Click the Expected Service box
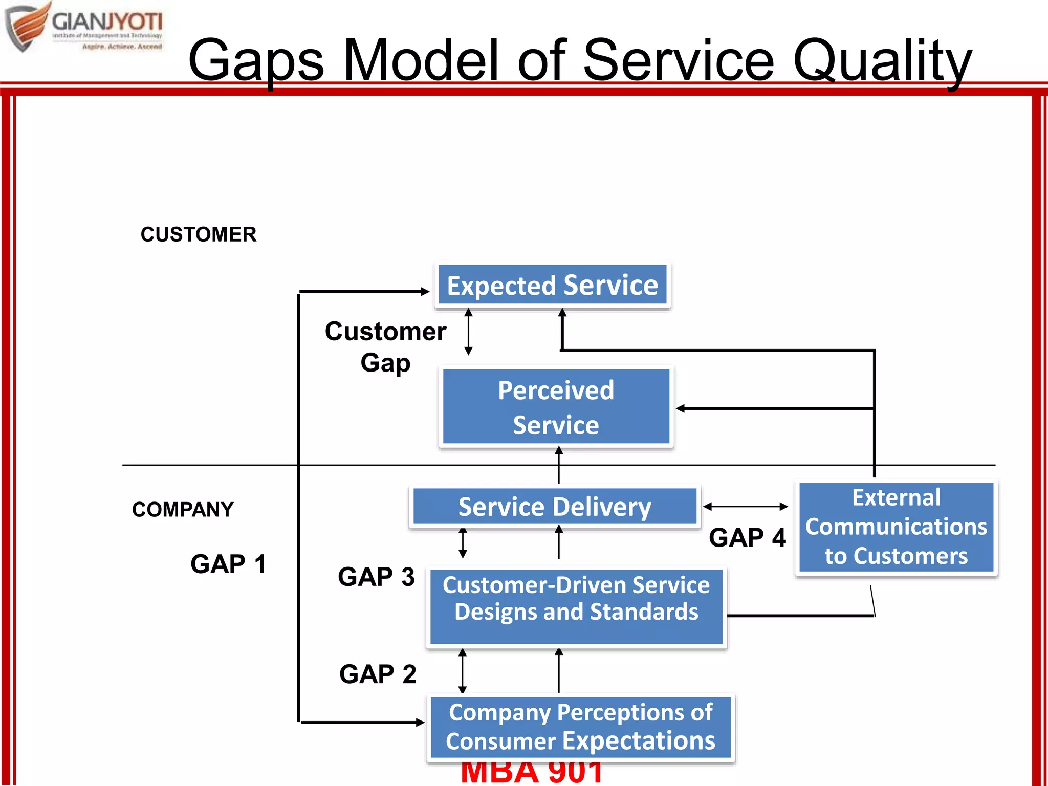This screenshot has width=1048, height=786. (x=553, y=285)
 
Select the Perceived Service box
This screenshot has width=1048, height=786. (x=556, y=407)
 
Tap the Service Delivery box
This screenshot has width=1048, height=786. (x=555, y=507)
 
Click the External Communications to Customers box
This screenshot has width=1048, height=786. (x=896, y=527)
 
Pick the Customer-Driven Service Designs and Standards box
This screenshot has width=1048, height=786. (x=576, y=607)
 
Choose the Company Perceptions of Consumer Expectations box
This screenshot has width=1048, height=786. (x=580, y=727)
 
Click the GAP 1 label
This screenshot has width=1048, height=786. (x=228, y=564)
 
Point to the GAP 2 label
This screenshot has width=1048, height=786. (x=378, y=674)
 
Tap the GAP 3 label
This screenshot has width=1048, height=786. (x=376, y=577)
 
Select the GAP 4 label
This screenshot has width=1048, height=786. (x=747, y=538)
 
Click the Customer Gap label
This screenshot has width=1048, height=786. (x=385, y=347)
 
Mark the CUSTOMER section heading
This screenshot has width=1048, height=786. (x=199, y=234)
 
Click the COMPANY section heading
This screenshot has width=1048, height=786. (x=183, y=510)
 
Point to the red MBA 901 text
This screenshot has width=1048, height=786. (x=531, y=773)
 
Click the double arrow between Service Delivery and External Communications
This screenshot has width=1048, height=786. (x=746, y=507)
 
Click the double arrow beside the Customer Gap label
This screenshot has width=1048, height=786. (x=468, y=332)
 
